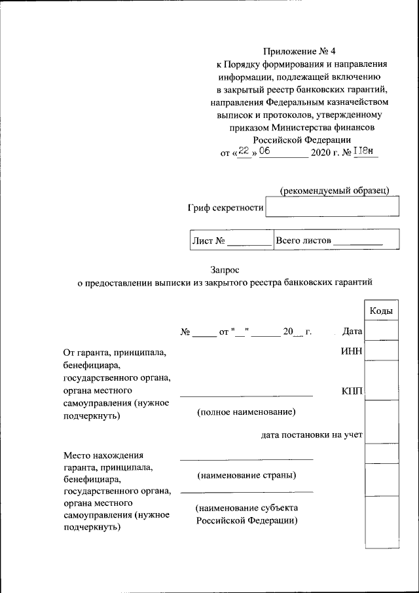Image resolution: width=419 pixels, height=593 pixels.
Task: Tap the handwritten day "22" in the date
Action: pos(244,151)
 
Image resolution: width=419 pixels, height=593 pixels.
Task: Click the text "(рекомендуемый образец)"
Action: pos(335,190)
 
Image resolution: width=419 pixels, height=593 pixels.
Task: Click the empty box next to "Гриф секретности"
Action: pos(333,208)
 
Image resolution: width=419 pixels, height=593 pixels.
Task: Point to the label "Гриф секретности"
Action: pos(226,208)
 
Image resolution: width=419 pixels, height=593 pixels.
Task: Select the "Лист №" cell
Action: pos(230,240)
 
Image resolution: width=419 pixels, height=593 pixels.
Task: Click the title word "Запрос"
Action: pos(225,269)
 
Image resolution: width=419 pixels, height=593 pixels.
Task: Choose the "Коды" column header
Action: pos(381,311)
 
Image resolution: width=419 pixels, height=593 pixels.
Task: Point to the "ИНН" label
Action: pos(352,353)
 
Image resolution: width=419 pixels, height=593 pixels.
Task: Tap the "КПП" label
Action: pos(352,392)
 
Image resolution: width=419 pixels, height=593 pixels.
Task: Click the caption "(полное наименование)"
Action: pos(246,412)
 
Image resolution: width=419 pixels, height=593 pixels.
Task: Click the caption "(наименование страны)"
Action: pos(246,474)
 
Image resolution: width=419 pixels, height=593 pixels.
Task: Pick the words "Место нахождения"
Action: pos(103,455)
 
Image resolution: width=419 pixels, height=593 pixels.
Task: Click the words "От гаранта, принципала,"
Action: pos(115,353)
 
